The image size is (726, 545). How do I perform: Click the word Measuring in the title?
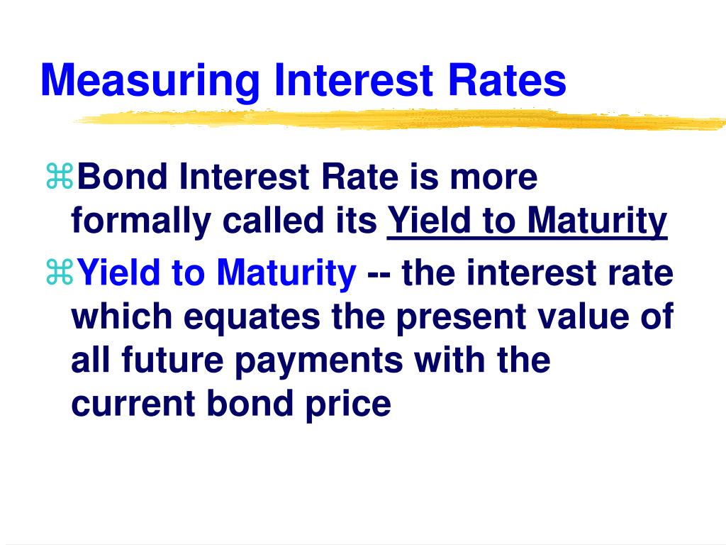tap(150, 81)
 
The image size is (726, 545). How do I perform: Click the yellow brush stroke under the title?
tap(399, 119)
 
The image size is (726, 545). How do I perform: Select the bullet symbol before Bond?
tap(60, 176)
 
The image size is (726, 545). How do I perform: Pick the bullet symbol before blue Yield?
tap(60, 272)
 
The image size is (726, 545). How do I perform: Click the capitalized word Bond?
tap(122, 177)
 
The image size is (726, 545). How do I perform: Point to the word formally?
tap(141, 222)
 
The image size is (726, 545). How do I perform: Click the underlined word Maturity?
tap(597, 222)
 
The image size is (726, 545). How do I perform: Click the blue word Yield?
tap(118, 272)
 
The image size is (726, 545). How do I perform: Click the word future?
tap(173, 360)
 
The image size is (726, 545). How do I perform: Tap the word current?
tap(133, 404)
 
